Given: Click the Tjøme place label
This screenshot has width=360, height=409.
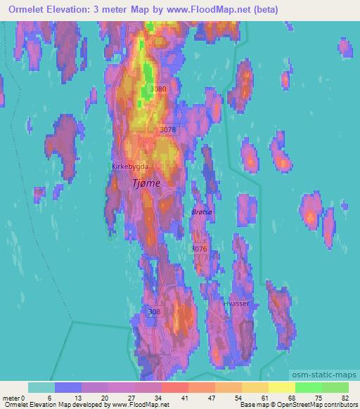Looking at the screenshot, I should click(146, 183).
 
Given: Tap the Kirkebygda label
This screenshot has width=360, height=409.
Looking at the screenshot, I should click(129, 167).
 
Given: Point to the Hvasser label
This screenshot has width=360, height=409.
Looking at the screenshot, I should click(237, 304).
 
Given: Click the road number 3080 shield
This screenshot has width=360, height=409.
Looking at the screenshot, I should click(158, 89).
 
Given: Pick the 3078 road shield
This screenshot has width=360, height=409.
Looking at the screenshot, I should click(167, 130).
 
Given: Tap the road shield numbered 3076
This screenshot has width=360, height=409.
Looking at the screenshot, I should click(199, 249).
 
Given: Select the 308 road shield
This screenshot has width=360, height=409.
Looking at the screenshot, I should click(155, 311).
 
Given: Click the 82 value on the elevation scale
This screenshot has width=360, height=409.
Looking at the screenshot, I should click(344, 398).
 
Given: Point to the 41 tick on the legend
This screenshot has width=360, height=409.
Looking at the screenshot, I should click(184, 398).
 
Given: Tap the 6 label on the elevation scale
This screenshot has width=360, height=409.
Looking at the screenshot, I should click(49, 398).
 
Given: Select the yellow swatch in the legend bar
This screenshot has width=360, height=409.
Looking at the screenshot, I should click(282, 387).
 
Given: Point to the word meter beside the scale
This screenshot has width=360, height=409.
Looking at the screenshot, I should click(11, 398).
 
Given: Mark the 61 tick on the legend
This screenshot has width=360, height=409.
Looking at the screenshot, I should click(264, 398).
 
